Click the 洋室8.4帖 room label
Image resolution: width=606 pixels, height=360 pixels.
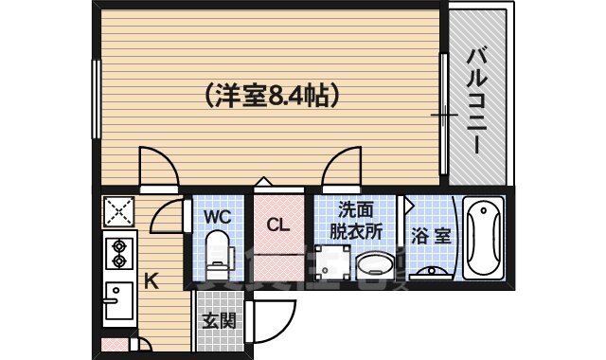271,95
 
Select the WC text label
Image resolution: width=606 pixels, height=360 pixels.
217,216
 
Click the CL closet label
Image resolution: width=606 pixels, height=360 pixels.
276,225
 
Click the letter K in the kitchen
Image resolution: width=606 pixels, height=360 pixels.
151,280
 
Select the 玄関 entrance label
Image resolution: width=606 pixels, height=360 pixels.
219,320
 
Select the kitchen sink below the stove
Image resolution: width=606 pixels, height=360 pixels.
118,302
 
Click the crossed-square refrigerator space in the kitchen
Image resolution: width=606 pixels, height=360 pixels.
118,209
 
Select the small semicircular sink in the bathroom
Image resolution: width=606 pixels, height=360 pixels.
435,272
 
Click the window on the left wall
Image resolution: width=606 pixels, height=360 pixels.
96,90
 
